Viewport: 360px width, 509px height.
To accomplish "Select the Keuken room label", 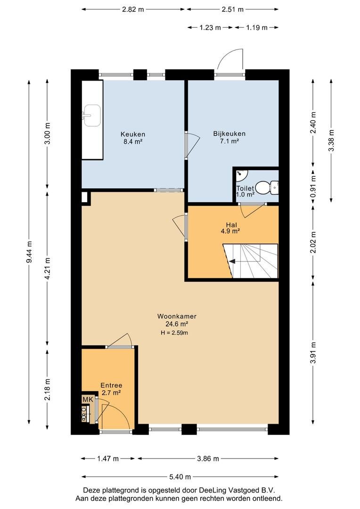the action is tap(133, 134).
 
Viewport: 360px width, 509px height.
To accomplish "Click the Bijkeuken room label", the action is tap(229, 133).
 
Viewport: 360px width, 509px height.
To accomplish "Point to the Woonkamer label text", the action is tap(177, 316).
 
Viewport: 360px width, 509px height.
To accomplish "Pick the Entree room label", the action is tap(111, 386).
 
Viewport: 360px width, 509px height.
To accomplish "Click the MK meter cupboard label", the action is tap(88, 399).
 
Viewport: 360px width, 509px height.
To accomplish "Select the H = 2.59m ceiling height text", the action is tap(174, 332).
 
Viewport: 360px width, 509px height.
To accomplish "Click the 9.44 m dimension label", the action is tap(30, 252).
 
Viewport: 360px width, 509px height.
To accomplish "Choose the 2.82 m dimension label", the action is tap(133, 9).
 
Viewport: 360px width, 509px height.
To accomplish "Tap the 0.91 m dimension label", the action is tap(313, 187).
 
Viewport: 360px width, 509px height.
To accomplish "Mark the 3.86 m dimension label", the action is tap(208, 459).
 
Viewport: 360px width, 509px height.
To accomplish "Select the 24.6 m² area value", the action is tap(177, 324).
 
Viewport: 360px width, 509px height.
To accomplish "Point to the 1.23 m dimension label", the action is tap(210, 28).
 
